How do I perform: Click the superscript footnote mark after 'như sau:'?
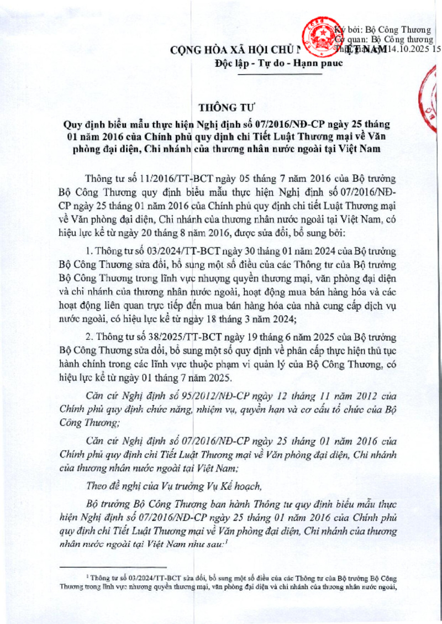coord(227,542)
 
